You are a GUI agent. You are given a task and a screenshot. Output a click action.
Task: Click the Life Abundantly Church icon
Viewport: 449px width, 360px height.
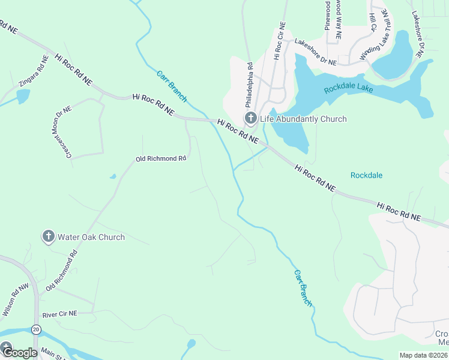pos(250,119)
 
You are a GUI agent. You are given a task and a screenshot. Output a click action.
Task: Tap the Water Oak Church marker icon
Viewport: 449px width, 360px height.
pos(49,236)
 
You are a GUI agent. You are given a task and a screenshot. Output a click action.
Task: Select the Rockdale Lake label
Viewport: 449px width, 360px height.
pos(348,89)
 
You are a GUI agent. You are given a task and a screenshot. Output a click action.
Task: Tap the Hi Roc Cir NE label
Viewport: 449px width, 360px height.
pos(279,42)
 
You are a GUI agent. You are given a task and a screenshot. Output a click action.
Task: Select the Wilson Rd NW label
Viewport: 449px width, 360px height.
pos(16,300)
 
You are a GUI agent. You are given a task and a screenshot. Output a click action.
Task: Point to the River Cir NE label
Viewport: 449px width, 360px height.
pos(60,314)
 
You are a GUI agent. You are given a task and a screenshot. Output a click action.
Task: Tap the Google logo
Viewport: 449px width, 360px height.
pos(19,353)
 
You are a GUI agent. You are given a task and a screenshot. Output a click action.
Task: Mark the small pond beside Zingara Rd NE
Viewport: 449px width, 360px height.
pos(23,96)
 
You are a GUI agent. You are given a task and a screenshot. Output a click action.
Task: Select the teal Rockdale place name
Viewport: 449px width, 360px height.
pos(366,175)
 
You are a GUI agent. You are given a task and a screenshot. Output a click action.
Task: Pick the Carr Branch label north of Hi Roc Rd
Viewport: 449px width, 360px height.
pos(172,86)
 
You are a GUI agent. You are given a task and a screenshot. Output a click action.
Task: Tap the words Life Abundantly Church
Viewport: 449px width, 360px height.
pos(303,119)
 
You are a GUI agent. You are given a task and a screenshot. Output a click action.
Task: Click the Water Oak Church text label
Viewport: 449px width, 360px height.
pos(91,237)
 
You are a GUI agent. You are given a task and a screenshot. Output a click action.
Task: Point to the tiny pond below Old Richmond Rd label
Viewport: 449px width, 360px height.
pos(112,176)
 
